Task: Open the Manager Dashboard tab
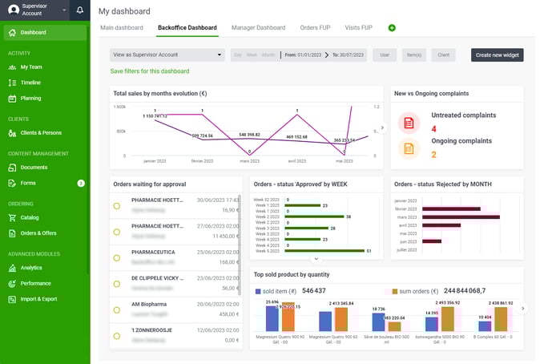(x=258, y=27)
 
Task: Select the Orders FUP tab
(x=314, y=27)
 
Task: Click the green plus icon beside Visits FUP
(x=392, y=28)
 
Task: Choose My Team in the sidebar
(x=31, y=67)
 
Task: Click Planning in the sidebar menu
(x=33, y=98)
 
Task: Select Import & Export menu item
(x=38, y=299)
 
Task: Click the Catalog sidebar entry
(x=30, y=217)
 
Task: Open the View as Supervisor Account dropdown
(x=167, y=55)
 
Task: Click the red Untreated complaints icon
(x=409, y=123)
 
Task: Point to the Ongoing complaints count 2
(x=434, y=155)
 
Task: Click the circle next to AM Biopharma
(x=117, y=309)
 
